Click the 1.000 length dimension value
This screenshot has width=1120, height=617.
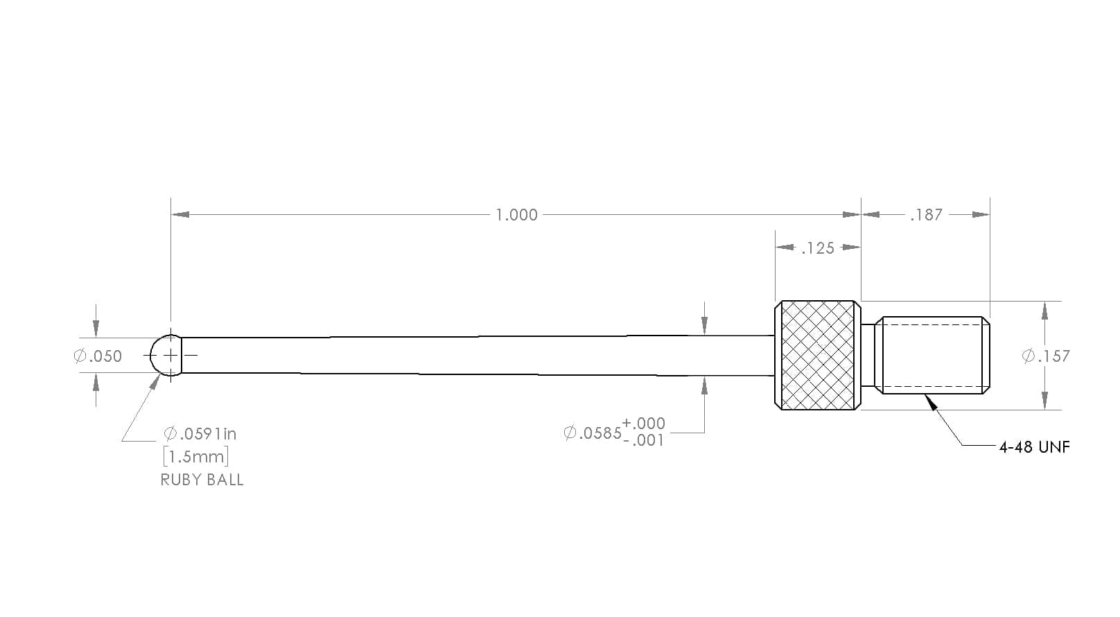516,215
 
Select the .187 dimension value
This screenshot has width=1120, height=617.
927,215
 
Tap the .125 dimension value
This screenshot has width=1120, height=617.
818,248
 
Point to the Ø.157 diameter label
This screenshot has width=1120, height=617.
1046,356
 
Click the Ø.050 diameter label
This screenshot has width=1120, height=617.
98,356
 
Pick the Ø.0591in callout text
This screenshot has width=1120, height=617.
200,433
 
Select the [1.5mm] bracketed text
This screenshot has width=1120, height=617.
196,456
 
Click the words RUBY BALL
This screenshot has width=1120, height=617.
202,480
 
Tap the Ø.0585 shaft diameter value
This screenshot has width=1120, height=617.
593,433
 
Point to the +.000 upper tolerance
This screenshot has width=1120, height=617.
643,424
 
